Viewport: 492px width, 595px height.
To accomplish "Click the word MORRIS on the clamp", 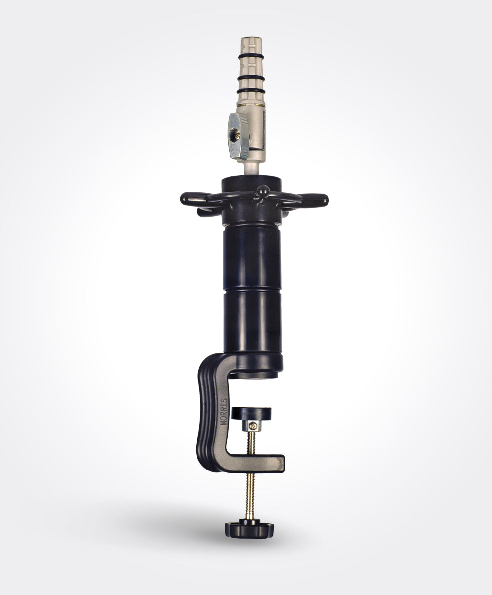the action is (x=225, y=411).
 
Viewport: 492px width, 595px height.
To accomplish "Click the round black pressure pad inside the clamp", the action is (x=251, y=414).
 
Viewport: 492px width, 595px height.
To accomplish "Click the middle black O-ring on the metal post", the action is (x=251, y=78).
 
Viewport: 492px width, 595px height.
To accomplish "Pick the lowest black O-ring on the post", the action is (x=251, y=92).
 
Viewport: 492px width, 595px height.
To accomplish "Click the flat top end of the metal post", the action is (x=251, y=38).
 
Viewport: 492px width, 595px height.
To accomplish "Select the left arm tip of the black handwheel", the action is (x=185, y=198).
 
